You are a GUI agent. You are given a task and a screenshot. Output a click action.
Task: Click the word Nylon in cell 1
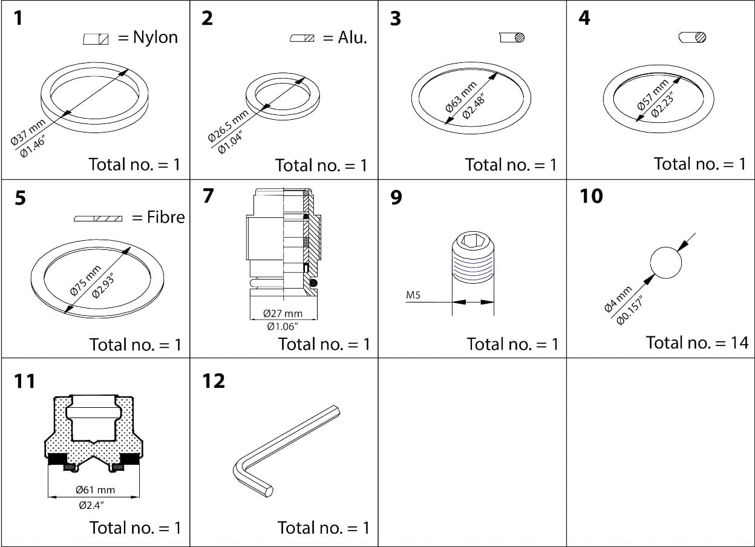155,38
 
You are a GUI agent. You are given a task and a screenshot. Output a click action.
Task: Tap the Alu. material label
353,38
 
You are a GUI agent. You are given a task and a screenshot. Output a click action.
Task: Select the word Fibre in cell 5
166,217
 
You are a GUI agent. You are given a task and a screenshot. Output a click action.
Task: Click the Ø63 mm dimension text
461,96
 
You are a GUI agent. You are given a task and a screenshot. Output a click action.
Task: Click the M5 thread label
413,296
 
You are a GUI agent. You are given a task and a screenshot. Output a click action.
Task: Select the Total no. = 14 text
697,342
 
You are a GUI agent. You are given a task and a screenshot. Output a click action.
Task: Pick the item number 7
208,197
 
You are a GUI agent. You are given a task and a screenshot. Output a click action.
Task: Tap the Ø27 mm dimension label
283,313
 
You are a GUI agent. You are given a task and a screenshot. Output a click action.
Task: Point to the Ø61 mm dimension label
95,490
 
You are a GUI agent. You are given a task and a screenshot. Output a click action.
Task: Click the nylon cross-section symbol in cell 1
96,39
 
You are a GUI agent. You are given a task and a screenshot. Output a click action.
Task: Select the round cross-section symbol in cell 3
512,38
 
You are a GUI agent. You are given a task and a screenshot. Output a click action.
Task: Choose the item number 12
214,381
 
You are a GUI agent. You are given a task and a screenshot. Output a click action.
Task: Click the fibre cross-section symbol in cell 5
98,218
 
